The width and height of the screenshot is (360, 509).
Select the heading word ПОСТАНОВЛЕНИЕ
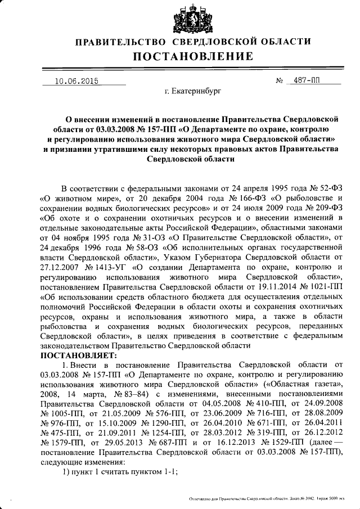pyautogui.click(x=193, y=56)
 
